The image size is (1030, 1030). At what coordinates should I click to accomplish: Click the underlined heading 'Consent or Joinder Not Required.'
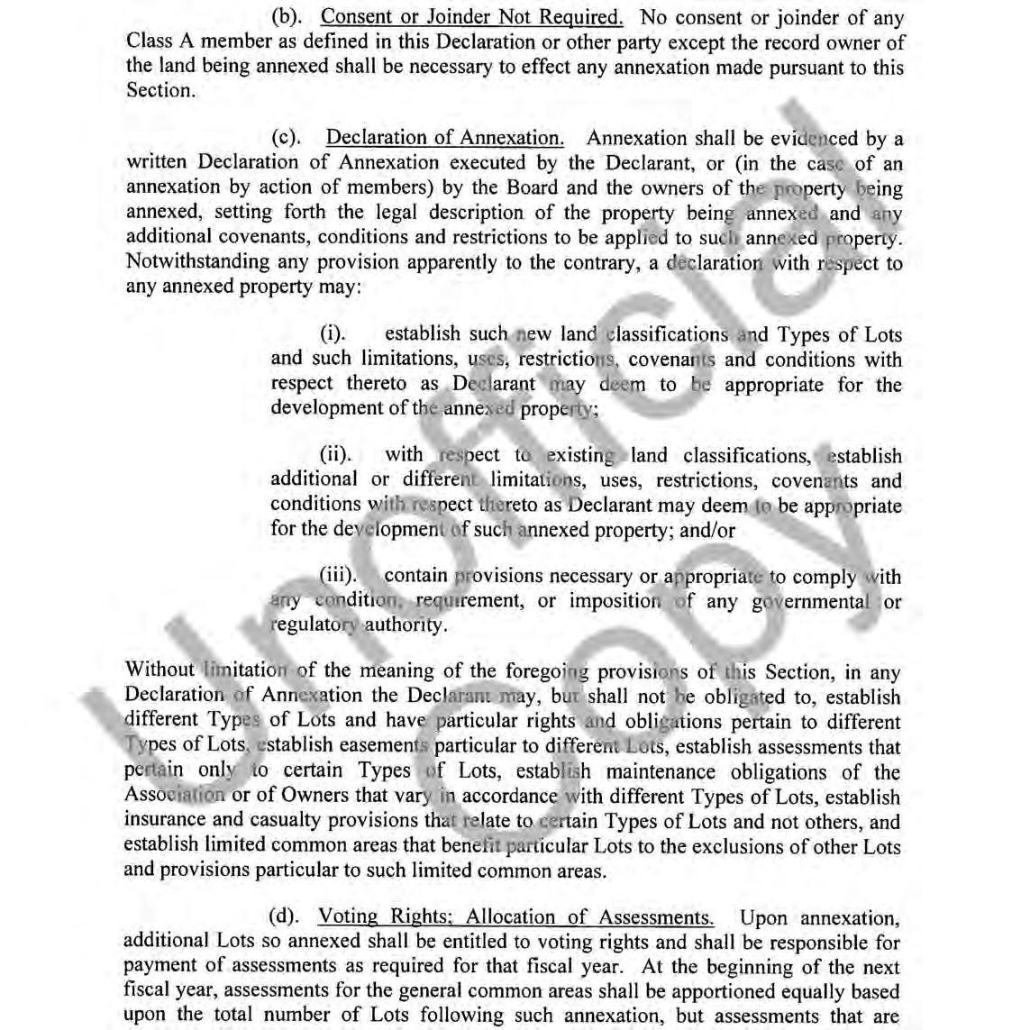[471, 17]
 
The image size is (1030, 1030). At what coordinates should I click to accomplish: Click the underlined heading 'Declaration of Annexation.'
[444, 138]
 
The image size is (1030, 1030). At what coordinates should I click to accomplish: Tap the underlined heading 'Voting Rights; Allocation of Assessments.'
[515, 917]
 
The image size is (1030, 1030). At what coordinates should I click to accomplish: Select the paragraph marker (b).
[287, 17]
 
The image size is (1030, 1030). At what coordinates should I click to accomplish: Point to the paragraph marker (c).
[287, 138]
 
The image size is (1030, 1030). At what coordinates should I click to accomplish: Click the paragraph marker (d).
[284, 917]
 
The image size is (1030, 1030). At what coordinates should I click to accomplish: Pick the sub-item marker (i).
[333, 334]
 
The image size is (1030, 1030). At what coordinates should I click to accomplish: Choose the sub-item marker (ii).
[335, 455]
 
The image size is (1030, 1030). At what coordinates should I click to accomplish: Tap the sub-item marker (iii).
[338, 575]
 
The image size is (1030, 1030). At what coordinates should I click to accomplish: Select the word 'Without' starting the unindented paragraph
[160, 670]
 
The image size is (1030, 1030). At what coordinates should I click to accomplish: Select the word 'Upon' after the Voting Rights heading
[764, 917]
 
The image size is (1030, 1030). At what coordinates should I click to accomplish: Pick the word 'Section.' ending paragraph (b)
[160, 90]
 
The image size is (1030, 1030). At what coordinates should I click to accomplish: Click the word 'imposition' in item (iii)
[615, 601]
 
